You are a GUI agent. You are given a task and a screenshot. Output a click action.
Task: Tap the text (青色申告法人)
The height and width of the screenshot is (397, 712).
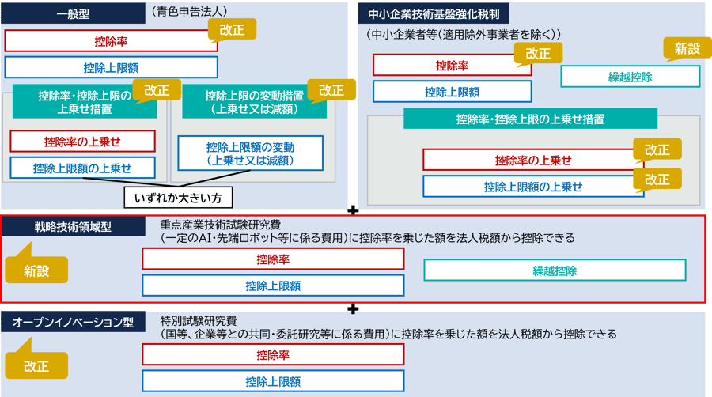(x=187, y=12)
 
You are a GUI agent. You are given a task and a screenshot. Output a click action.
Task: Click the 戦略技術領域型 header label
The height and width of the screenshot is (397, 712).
(x=73, y=227)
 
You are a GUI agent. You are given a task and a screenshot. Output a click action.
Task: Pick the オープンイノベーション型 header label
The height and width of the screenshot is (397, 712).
(x=73, y=323)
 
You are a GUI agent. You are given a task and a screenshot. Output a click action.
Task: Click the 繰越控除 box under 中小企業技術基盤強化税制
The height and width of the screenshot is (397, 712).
(x=630, y=77)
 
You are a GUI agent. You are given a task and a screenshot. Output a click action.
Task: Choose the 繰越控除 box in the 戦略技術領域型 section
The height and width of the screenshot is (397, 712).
(x=555, y=270)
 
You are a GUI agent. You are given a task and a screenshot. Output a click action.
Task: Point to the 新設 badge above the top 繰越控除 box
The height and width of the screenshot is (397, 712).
(x=687, y=49)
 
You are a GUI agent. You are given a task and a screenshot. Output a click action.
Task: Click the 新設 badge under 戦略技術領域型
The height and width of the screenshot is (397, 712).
(x=36, y=270)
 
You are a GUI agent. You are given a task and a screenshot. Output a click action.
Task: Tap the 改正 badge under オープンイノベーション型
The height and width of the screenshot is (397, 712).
(x=36, y=366)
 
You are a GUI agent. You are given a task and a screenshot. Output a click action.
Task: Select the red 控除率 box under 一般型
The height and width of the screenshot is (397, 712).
(x=111, y=41)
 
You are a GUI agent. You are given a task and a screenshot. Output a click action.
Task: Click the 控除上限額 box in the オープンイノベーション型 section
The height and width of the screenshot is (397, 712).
(x=273, y=381)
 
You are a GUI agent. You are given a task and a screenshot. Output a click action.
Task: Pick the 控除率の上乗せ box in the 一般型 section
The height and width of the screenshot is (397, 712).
(x=82, y=142)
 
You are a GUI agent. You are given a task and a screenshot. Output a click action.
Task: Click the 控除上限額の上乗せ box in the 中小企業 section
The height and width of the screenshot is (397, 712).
(x=533, y=187)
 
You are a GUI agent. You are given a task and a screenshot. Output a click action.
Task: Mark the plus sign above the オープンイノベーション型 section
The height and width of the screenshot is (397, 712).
(x=354, y=308)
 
